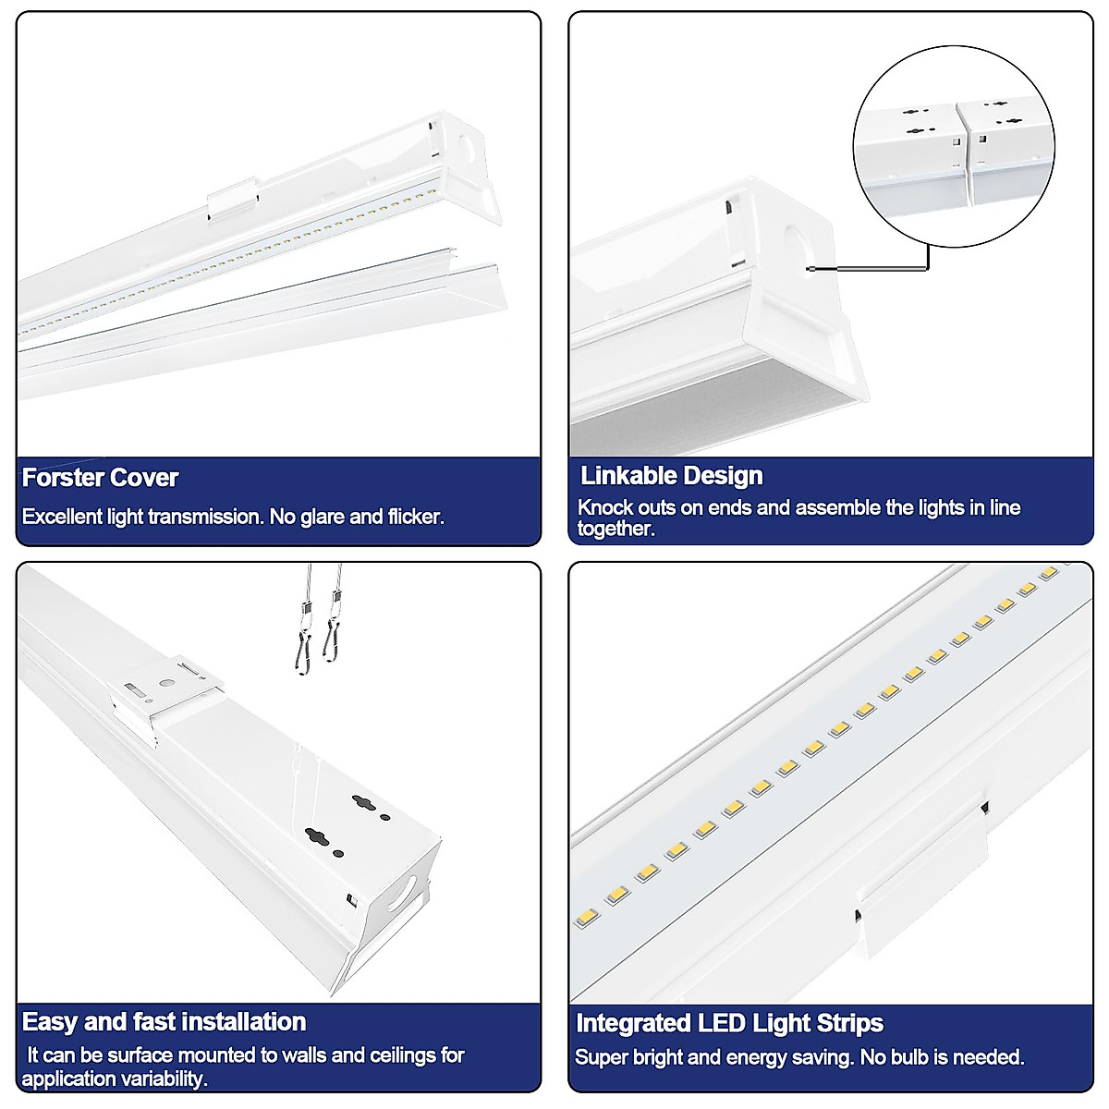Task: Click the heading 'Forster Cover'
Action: click(x=100, y=478)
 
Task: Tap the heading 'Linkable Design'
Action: click(x=671, y=476)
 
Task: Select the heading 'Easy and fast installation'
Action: click(x=164, y=1021)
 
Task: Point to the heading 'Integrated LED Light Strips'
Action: click(x=729, y=1023)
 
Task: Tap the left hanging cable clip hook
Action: click(x=304, y=637)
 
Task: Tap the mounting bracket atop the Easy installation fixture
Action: click(x=166, y=698)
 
